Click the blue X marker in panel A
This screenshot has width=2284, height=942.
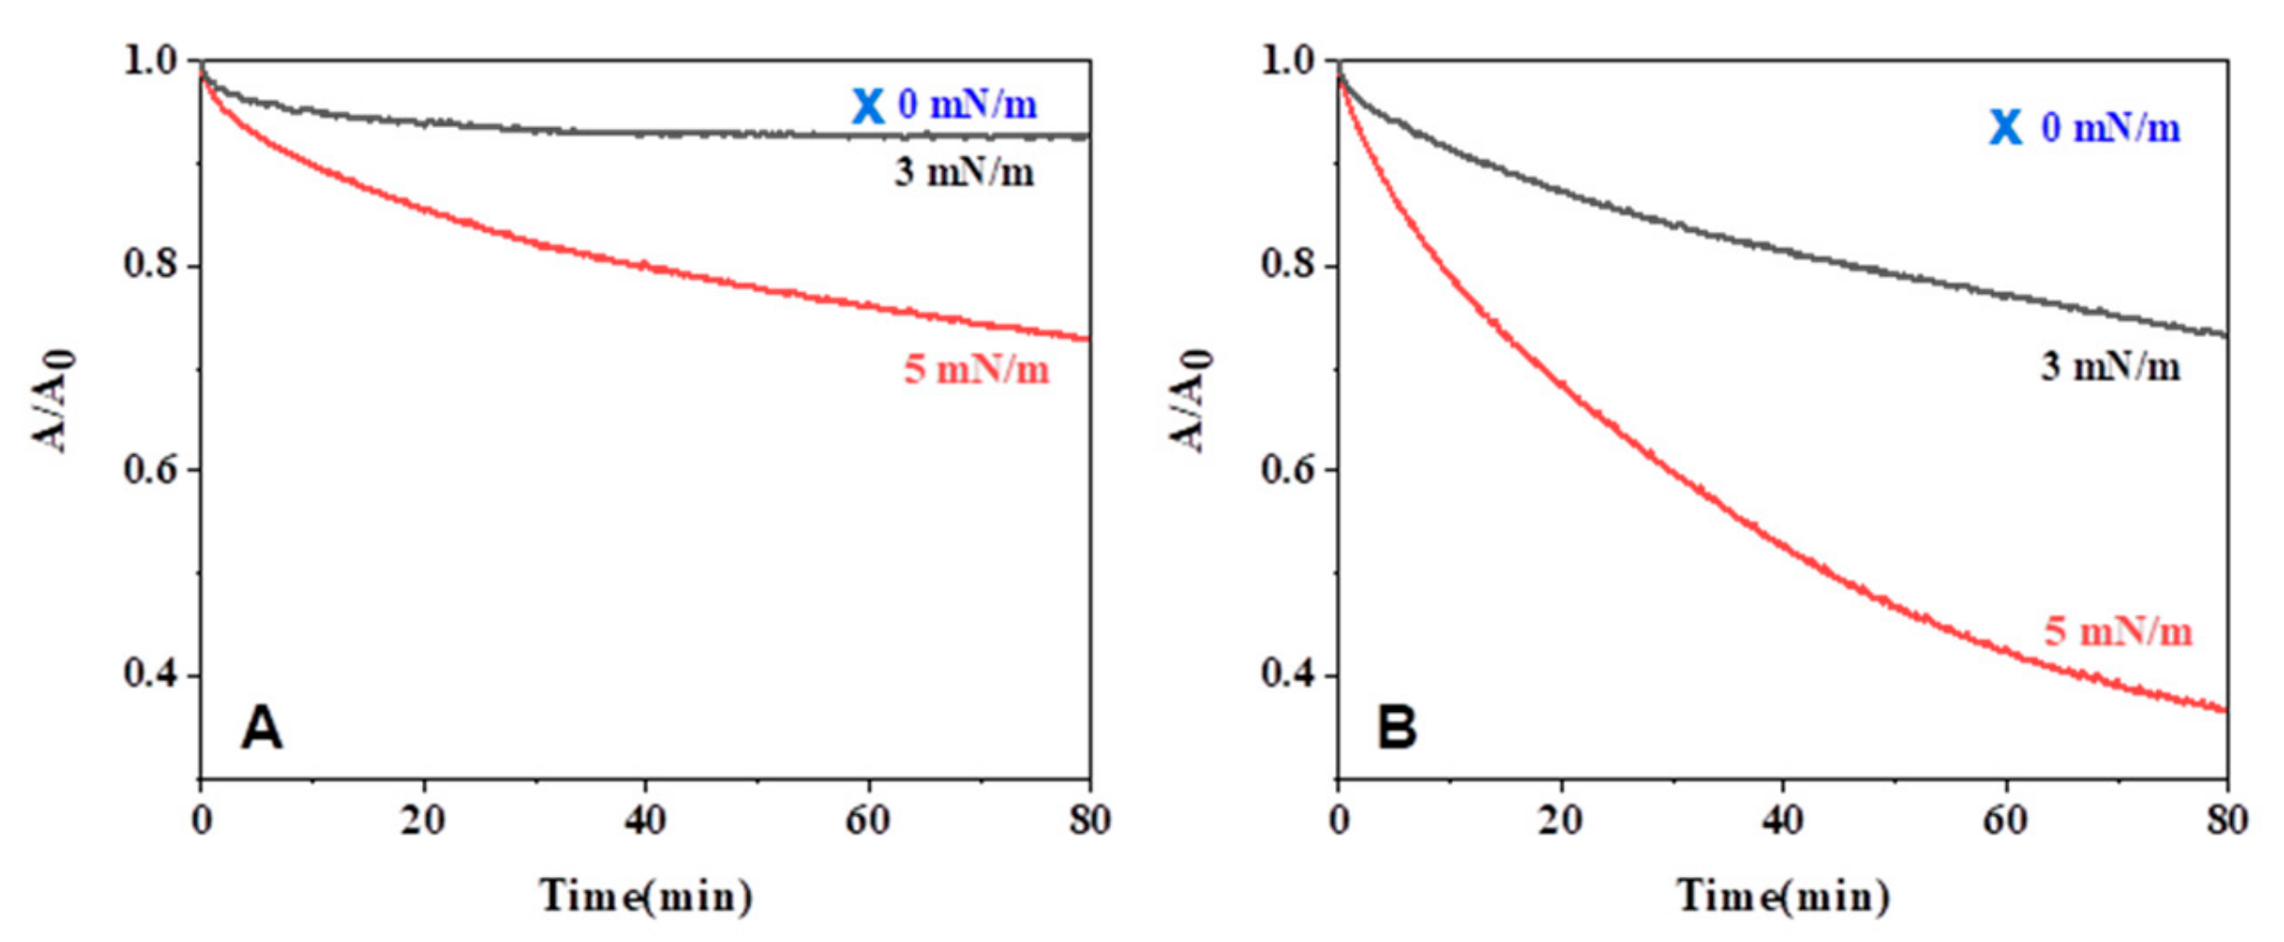[868, 106]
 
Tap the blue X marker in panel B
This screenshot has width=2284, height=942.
[2006, 127]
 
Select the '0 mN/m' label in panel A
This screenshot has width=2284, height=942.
[967, 104]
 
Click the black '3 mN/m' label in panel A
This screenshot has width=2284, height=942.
[964, 172]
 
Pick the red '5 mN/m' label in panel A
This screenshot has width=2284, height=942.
[976, 369]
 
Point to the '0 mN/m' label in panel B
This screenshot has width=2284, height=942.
[2111, 127]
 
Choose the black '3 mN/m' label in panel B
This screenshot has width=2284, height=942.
[2111, 366]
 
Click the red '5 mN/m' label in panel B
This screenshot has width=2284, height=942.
[2118, 631]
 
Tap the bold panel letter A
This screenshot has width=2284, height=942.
[262, 728]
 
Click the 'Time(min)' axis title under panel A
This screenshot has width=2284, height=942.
[645, 895]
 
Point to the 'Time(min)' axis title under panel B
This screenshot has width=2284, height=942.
[1783, 895]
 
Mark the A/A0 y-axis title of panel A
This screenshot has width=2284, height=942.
[55, 400]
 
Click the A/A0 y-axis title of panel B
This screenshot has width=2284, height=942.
[1192, 400]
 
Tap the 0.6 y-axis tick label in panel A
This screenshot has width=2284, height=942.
[151, 469]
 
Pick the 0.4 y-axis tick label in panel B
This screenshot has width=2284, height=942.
[1288, 674]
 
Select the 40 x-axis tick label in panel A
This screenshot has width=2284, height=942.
[645, 820]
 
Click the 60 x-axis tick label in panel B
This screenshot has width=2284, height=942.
[2005, 820]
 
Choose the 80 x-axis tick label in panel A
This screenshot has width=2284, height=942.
[1090, 820]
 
